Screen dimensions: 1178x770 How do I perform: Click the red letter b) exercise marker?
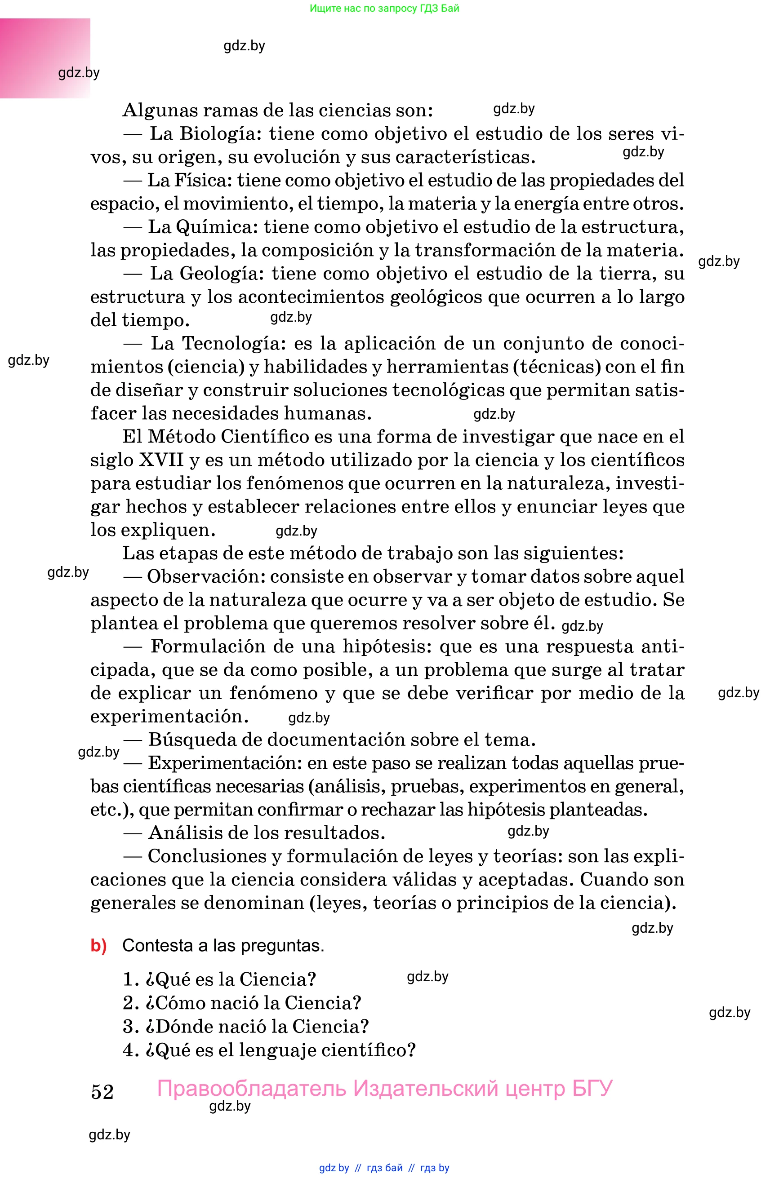98,946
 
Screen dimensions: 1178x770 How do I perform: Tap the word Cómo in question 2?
176,1003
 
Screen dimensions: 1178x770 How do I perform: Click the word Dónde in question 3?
180,1027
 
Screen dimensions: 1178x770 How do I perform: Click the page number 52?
102,1092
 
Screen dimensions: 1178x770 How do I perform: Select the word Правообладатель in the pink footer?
252,1089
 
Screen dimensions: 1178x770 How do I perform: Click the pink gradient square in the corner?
45,58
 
